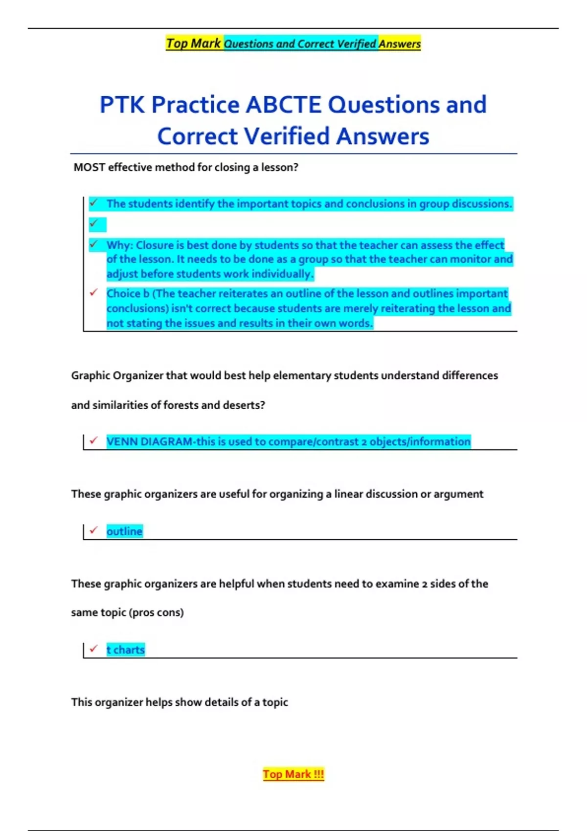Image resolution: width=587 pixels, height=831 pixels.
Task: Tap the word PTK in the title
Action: coord(122,105)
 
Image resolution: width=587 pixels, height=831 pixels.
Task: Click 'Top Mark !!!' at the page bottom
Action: coord(293,774)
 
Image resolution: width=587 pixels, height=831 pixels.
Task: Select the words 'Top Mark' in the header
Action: coord(194,44)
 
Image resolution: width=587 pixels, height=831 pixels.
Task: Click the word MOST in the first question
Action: coord(89,167)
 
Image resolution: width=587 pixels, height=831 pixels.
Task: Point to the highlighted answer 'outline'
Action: coord(124,531)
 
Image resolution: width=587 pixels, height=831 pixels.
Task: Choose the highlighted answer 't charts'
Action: coord(126,650)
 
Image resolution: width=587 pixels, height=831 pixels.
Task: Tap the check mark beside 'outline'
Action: coord(94,530)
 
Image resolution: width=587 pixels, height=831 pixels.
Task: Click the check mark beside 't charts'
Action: coord(94,649)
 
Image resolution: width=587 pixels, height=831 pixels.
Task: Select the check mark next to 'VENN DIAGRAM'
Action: coord(94,440)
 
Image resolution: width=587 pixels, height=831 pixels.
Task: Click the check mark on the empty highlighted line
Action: coord(94,224)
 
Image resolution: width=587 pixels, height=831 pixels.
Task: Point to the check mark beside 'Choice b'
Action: coord(94,292)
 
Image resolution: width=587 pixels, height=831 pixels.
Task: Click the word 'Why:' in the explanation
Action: coord(119,245)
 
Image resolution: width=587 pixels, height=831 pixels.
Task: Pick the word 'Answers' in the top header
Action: coord(399,44)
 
